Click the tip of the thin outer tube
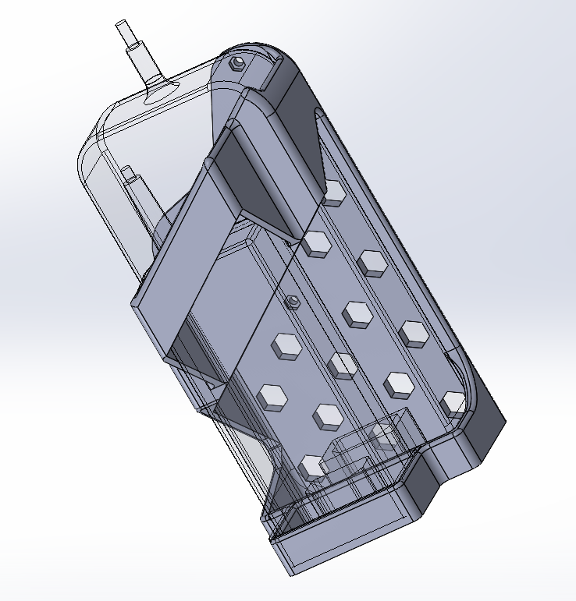pos(121,26)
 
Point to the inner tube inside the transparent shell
pos(134,187)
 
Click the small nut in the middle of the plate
pos(293,302)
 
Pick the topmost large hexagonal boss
pos(333,193)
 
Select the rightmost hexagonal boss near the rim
pos(453,402)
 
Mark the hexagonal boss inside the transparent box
pos(385,433)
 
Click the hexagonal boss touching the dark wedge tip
pos(316,243)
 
